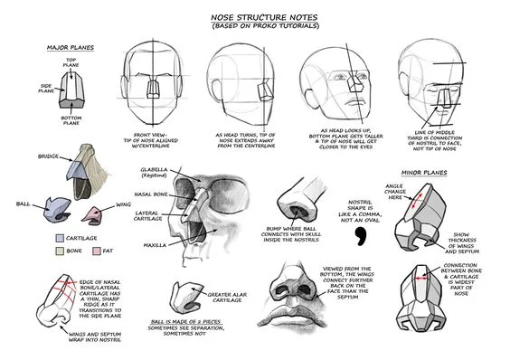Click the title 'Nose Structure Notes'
click(254, 16)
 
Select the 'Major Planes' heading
click(69, 47)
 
